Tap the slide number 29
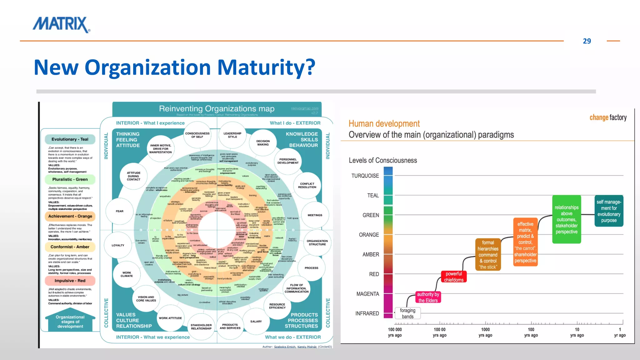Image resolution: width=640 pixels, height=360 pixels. tap(587, 41)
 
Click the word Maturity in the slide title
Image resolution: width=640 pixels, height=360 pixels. tap(266, 67)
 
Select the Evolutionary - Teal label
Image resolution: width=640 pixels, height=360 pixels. tap(70, 139)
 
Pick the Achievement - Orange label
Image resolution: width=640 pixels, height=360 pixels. tap(70, 216)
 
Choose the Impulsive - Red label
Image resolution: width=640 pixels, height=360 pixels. tap(70, 281)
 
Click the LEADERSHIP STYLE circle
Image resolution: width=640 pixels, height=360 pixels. tap(232, 135)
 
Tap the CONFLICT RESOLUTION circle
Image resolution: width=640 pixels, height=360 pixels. tap(307, 186)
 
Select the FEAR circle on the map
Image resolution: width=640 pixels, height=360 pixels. tap(119, 211)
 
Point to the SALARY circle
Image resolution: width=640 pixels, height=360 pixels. tap(256, 321)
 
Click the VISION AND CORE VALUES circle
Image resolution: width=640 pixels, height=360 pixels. tap(146, 299)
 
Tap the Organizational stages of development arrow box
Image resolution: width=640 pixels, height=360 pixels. tap(70, 322)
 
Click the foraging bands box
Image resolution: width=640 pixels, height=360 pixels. tap(407, 313)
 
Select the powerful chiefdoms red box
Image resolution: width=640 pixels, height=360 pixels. tap(453, 277)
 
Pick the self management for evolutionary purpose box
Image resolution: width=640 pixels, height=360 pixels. tap(608, 211)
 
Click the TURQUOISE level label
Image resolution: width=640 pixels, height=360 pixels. tap(365, 176)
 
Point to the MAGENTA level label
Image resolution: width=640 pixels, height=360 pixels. tap(367, 294)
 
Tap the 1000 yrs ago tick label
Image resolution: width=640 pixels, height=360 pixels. tap(485, 332)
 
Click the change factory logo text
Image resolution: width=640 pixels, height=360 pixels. tap(608, 117)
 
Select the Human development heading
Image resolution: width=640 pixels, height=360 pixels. tap(384, 124)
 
